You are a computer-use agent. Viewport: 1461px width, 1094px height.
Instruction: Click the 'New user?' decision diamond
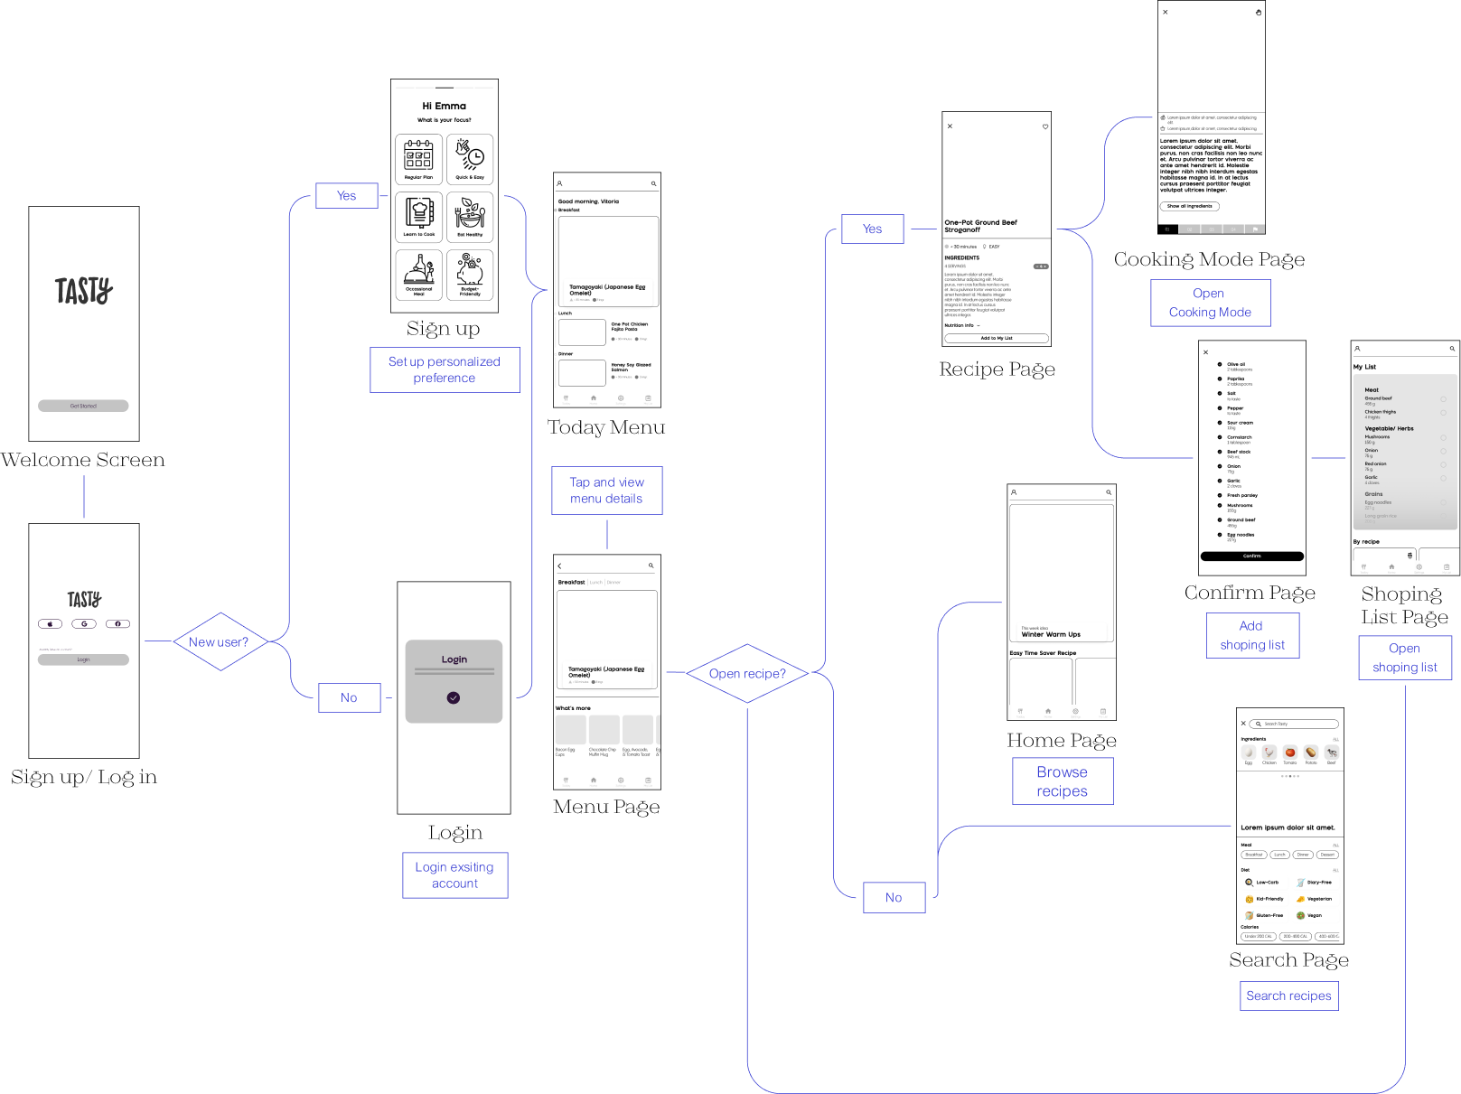click(x=220, y=642)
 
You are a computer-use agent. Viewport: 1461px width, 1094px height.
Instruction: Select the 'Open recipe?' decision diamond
click(x=747, y=674)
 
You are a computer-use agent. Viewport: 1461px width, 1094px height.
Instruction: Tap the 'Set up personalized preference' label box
click(x=445, y=370)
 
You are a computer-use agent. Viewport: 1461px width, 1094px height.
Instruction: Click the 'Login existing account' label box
click(x=454, y=875)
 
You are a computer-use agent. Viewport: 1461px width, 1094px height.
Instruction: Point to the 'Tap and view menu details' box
click(x=606, y=491)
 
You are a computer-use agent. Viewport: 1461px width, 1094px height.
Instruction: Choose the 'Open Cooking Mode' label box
click(x=1210, y=303)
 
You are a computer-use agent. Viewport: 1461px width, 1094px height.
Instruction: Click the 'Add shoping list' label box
click(x=1252, y=635)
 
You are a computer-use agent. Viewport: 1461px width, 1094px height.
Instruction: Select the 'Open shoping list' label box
click(x=1405, y=658)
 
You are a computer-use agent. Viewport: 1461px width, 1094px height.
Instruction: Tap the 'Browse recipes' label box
click(x=1062, y=781)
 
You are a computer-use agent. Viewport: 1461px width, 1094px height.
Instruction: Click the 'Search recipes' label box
click(x=1288, y=996)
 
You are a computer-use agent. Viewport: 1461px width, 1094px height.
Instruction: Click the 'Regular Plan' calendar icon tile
click(x=418, y=159)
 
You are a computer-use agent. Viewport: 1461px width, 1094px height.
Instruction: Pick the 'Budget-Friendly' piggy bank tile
click(x=470, y=275)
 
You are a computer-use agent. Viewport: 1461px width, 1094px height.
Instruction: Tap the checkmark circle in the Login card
click(x=454, y=697)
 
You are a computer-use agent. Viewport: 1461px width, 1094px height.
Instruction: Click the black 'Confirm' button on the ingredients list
click(x=1251, y=556)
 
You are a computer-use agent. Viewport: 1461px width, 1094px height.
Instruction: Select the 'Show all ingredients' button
click(x=1189, y=206)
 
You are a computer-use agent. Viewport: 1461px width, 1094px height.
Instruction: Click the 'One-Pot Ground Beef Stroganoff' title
click(x=980, y=226)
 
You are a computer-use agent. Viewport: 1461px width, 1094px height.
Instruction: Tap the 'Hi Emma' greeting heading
click(x=445, y=106)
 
